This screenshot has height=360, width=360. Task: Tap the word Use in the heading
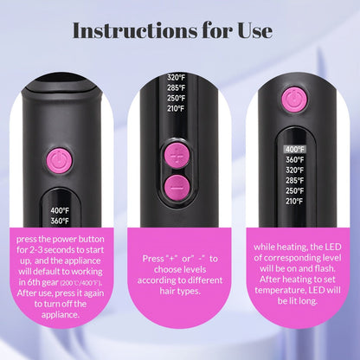coord(255,30)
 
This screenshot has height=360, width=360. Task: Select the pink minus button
coord(177,188)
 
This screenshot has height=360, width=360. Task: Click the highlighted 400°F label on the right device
coord(294,150)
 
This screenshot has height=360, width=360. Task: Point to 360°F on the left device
coord(60,221)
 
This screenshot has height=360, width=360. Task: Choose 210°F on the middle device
coord(176,109)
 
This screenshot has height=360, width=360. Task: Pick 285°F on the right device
coord(295,181)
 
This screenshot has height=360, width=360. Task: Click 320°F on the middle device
coord(176,77)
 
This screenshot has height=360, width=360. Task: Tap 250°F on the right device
coord(295,191)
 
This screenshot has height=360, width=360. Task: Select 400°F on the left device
coord(60,210)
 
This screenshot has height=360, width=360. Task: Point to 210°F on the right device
coord(294,202)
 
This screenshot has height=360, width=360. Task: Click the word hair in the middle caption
coord(168,291)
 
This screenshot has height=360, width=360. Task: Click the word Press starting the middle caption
coord(153,259)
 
